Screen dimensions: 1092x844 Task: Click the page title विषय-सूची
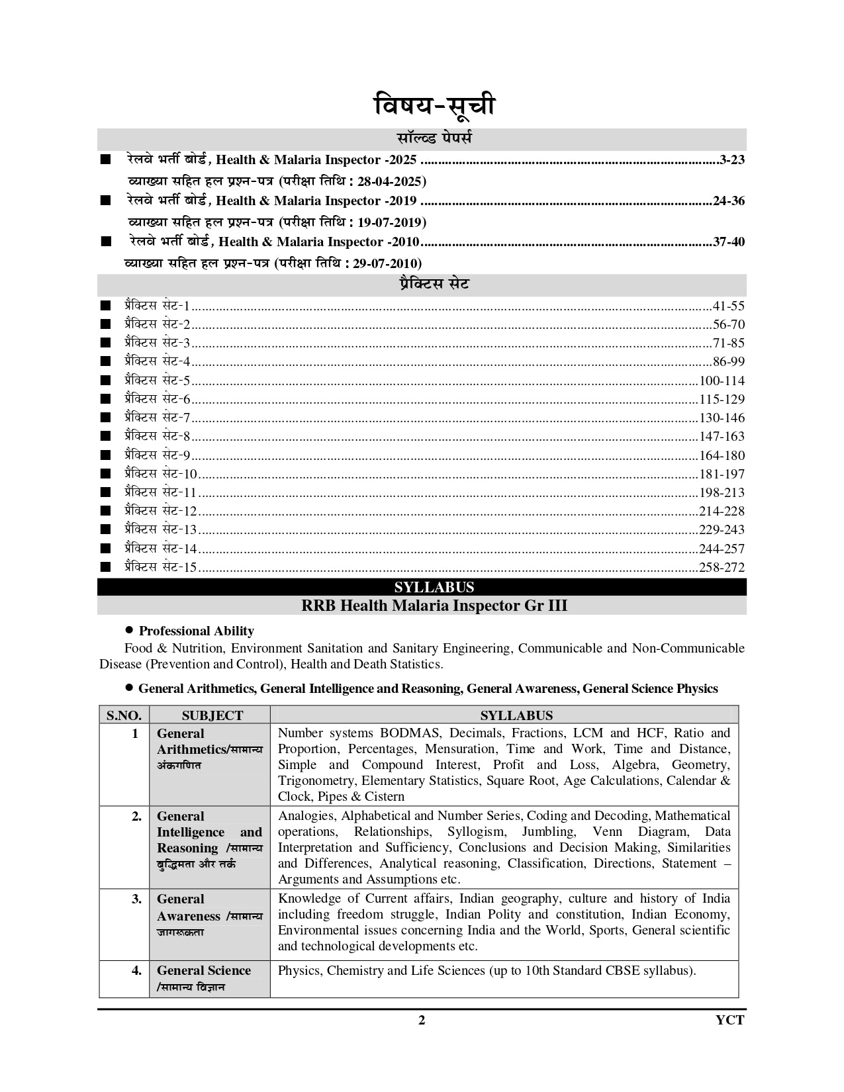click(434, 106)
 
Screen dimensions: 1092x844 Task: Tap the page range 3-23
click(731, 159)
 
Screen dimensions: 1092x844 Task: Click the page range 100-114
click(722, 381)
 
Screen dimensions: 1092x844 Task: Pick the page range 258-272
click(722, 567)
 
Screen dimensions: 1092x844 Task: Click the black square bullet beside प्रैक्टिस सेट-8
click(105, 436)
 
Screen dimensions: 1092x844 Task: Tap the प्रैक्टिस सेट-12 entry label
click(161, 511)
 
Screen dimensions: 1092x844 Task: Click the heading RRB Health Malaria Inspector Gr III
click(434, 606)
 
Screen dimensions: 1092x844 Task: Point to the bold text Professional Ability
click(196, 631)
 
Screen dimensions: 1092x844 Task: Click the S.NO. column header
click(124, 715)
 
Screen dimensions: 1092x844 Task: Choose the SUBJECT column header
click(212, 715)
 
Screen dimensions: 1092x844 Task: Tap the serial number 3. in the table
click(136, 899)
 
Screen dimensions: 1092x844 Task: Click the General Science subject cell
click(204, 971)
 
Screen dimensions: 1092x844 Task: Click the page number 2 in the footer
click(422, 1020)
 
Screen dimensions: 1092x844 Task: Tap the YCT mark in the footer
click(729, 1020)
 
